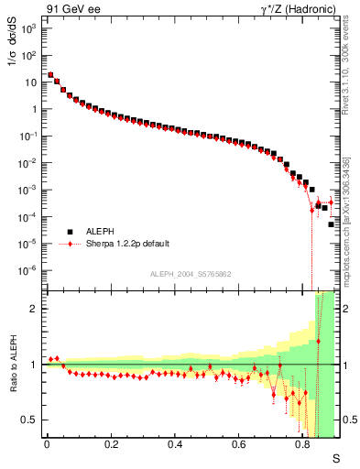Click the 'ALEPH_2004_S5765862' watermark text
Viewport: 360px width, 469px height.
[x=190, y=274]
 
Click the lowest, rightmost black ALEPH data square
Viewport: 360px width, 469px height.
[x=332, y=224]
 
